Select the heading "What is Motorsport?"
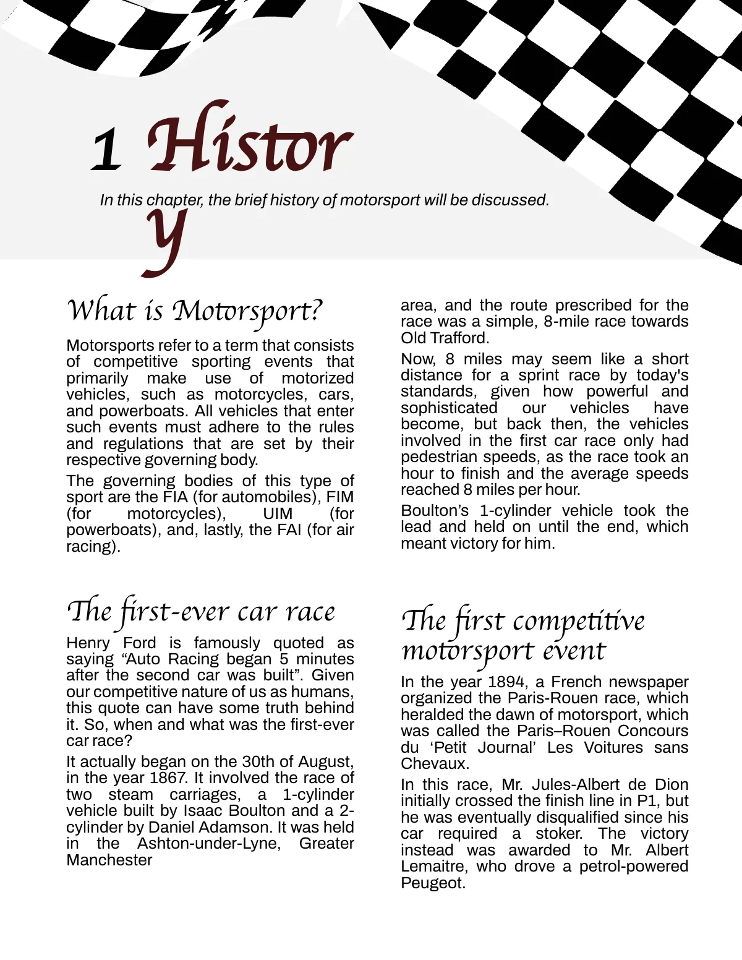click(194, 311)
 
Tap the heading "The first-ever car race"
click(200, 612)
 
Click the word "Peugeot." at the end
click(433, 883)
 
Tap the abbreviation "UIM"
click(278, 513)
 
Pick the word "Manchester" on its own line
click(109, 860)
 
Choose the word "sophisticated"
click(449, 408)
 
